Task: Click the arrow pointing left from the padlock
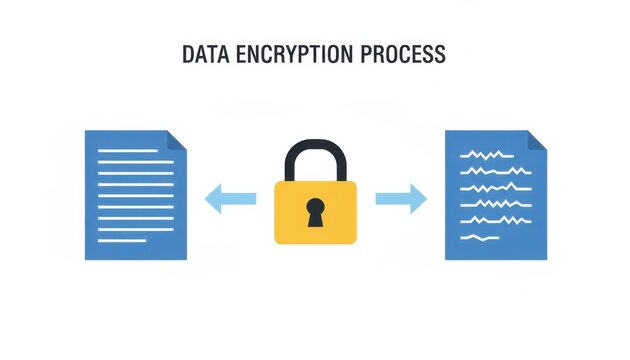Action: (229, 199)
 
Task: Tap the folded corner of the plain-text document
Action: (176, 140)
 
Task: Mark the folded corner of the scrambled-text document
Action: (537, 140)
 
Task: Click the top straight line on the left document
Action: (127, 151)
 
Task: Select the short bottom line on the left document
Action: (122, 240)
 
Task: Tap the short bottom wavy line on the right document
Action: (479, 237)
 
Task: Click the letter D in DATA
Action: (188, 54)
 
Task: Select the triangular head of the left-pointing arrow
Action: (213, 199)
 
